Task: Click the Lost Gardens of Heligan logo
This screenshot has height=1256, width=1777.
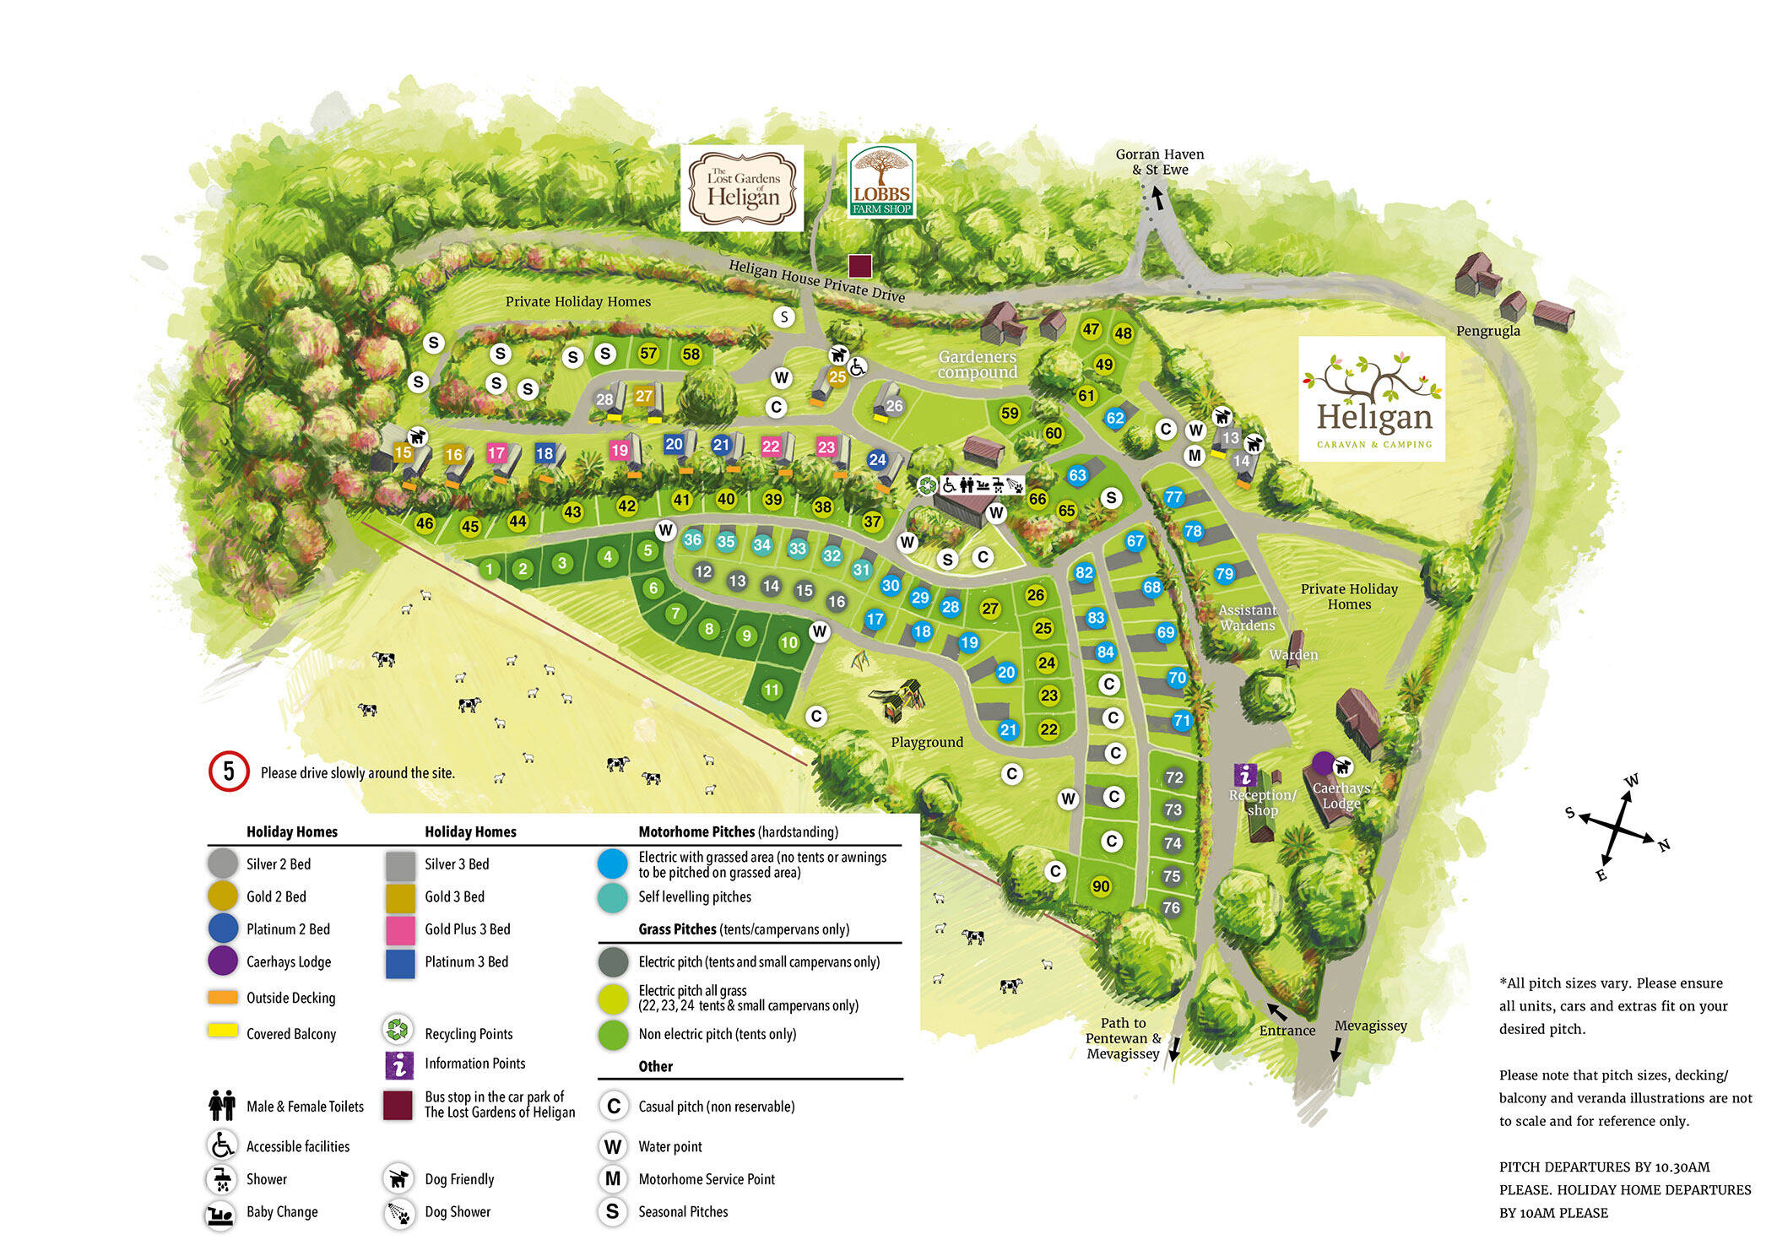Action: pos(742,188)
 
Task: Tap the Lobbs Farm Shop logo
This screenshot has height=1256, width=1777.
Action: pos(881,181)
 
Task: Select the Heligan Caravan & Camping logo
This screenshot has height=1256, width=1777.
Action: pos(1371,399)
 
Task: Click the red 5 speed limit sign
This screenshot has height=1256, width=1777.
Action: pos(229,771)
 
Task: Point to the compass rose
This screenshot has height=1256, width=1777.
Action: pos(1617,828)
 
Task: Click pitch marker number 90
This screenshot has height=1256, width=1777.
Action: pos(1101,886)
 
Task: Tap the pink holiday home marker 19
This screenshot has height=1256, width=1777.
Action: pos(620,450)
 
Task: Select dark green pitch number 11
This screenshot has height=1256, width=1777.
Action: pos(771,690)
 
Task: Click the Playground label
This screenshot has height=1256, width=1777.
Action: pos(927,742)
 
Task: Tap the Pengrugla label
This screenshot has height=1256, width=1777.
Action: pos(1487,331)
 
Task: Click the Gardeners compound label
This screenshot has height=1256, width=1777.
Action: pos(977,365)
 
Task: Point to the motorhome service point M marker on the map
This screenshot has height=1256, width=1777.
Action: pos(1194,456)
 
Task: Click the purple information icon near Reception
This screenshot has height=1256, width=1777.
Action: pos(1245,775)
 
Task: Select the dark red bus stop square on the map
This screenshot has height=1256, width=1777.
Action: pos(859,267)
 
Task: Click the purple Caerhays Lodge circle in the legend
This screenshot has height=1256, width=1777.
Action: pos(223,961)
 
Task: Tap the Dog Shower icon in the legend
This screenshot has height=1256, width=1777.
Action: pos(398,1212)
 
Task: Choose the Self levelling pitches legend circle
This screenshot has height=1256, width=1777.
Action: pos(612,897)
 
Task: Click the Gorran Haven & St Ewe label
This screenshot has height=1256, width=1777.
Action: pos(1159,161)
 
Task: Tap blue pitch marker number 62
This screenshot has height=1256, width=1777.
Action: pos(1115,418)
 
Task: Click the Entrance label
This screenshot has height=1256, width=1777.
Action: pos(1287,1030)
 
